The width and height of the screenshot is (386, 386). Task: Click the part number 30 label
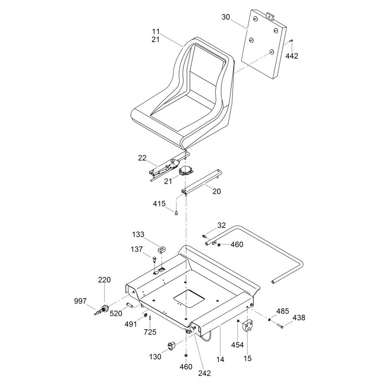(226, 17)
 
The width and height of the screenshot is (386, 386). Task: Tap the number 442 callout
(292, 56)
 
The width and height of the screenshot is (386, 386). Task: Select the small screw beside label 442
(291, 41)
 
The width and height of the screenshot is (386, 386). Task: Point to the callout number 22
(142, 158)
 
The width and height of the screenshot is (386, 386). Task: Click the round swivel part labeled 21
(186, 170)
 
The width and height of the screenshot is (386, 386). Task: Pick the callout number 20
(217, 191)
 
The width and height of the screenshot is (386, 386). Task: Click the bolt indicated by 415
(176, 213)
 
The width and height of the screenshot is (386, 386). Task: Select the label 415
(159, 204)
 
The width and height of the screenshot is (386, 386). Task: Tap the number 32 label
(221, 225)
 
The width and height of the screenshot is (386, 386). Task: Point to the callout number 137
(137, 249)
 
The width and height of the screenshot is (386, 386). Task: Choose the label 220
(104, 280)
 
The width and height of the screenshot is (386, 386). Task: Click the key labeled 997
(98, 313)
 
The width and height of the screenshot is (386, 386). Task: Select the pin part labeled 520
(130, 305)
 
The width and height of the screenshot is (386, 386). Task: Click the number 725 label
(150, 332)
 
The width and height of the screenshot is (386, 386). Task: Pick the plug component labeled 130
(171, 346)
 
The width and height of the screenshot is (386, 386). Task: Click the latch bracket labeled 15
(248, 326)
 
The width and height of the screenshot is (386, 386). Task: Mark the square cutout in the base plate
(189, 298)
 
